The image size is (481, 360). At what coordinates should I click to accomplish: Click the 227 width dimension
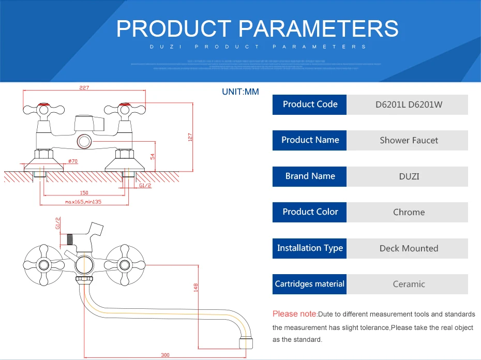pyautogui.click(x=84, y=88)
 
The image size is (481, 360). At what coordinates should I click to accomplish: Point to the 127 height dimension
pyautogui.click(x=190, y=137)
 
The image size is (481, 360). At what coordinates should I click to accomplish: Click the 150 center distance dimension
pyautogui.click(x=84, y=192)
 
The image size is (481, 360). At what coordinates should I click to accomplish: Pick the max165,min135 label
pyautogui.click(x=83, y=202)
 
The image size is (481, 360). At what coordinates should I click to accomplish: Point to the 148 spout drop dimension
pyautogui.click(x=196, y=287)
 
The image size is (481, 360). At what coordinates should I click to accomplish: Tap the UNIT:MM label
pyautogui.click(x=240, y=92)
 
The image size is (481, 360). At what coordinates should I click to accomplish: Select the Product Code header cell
pyautogui.click(x=310, y=104)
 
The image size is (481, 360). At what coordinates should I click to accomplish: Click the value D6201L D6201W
pyautogui.click(x=409, y=104)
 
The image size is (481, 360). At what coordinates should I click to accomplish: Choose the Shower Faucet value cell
pyautogui.click(x=409, y=140)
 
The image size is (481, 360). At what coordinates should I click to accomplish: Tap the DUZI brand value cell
pyautogui.click(x=409, y=176)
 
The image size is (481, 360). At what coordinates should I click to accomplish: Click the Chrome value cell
pyautogui.click(x=409, y=212)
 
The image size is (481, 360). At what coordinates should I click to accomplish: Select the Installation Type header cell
pyautogui.click(x=310, y=248)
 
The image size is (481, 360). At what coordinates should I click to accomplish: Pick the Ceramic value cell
pyautogui.click(x=409, y=284)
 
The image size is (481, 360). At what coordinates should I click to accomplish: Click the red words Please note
pyautogui.click(x=294, y=314)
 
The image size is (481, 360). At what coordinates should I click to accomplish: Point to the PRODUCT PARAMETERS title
pyautogui.click(x=257, y=28)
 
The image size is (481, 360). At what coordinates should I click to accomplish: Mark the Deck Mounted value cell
pyautogui.click(x=409, y=248)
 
